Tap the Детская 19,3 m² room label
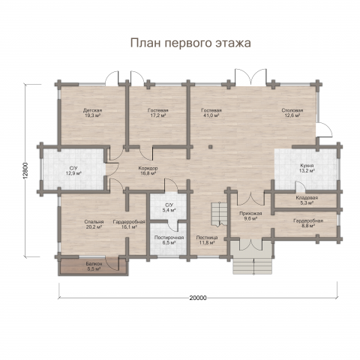(x=92, y=113)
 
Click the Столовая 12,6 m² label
(x=292, y=113)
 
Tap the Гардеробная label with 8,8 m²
(x=307, y=223)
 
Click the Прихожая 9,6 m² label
(x=250, y=217)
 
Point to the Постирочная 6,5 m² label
(x=169, y=240)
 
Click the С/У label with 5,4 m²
(x=169, y=207)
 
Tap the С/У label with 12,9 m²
(x=73, y=170)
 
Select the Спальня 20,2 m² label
(x=94, y=225)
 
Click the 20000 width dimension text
(x=198, y=298)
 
